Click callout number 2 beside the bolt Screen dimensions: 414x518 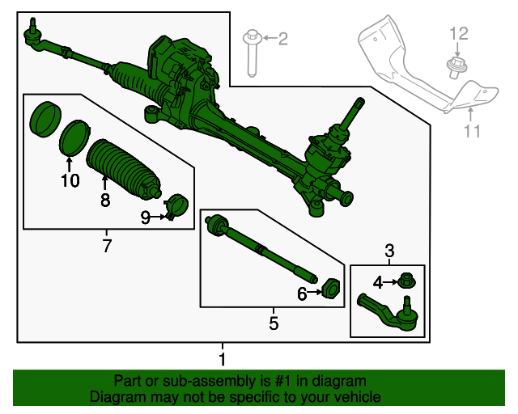[282, 39]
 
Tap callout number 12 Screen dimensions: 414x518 [459, 33]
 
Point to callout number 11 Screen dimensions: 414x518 [472, 131]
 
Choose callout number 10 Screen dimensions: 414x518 [70, 180]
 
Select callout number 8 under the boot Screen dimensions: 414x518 [104, 200]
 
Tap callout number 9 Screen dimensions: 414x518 [146, 217]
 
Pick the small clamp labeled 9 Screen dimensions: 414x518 [176, 208]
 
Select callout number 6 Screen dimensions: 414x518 [302, 294]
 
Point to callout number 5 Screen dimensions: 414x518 [274, 323]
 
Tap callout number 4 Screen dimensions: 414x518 [377, 282]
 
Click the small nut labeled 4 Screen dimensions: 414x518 [406, 281]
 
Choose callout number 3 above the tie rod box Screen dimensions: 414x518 [388, 251]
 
